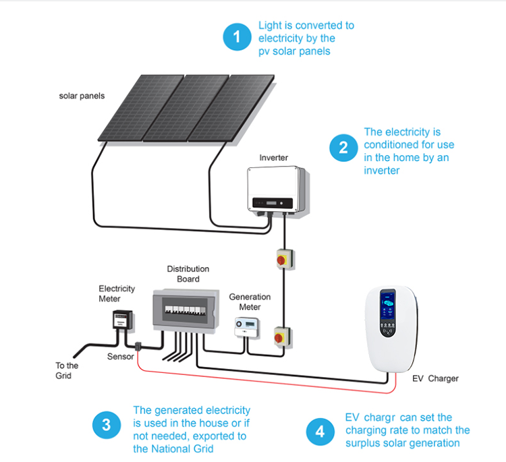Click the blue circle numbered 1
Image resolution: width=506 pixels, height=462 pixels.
coord(236,37)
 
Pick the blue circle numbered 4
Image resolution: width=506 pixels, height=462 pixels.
coord(320,432)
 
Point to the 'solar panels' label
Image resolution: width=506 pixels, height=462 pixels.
coord(82,96)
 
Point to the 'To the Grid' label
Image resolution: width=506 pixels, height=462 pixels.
coord(67,370)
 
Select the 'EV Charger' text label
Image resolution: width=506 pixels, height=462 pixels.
coord(435,378)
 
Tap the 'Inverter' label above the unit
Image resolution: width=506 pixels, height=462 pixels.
coord(274,158)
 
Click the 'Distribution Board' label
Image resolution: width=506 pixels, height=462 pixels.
coord(188,274)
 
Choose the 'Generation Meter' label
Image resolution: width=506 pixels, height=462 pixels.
coord(250,302)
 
